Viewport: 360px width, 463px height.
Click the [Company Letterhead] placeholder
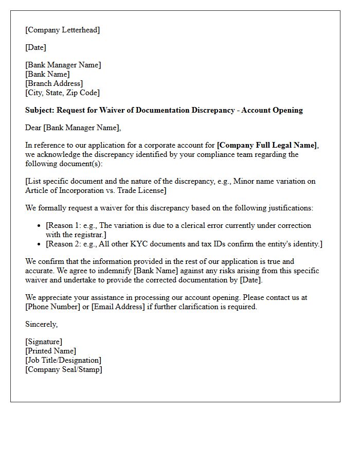[x=62, y=30]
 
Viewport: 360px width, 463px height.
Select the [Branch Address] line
[x=54, y=83]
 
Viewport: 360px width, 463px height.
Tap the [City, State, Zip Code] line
[x=62, y=93]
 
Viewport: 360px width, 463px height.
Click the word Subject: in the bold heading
[x=40, y=110]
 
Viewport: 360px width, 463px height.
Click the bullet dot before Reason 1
[x=40, y=226]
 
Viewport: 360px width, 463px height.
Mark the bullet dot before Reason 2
[x=40, y=244]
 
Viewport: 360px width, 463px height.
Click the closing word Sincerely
[x=41, y=324]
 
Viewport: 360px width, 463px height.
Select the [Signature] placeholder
[x=44, y=342]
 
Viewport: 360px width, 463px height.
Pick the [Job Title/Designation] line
[x=63, y=360]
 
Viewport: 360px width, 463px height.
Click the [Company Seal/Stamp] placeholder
[x=63, y=369]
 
